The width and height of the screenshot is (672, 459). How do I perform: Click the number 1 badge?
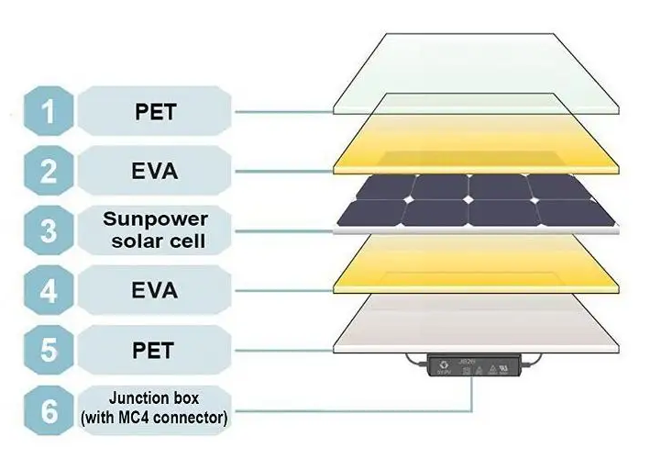point(50,112)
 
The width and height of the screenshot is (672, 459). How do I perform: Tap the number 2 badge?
point(50,171)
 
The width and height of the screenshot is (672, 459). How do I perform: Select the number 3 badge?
point(50,231)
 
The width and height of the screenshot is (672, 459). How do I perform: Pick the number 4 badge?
point(50,291)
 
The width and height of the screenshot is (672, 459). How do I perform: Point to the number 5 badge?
point(50,352)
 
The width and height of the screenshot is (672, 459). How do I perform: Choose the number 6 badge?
point(50,410)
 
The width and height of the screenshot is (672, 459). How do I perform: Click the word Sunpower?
point(155,220)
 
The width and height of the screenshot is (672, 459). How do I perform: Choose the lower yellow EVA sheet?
point(477,266)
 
